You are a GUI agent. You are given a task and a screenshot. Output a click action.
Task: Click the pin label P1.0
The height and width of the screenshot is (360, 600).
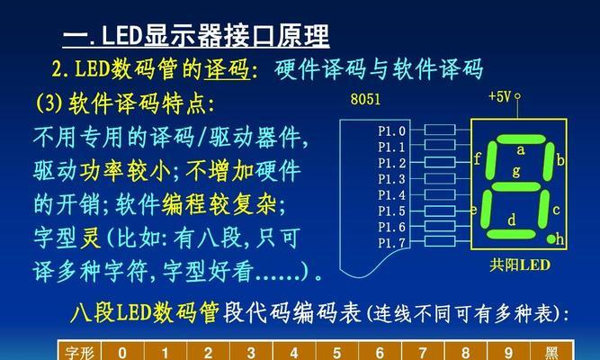[x=391, y=131]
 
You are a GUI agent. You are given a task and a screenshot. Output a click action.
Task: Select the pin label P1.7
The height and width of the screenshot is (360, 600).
[x=391, y=243]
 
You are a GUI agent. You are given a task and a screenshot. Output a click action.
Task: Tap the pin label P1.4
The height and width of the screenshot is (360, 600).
[x=391, y=195]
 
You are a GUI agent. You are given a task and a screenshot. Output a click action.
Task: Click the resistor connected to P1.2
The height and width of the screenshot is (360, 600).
[x=440, y=162]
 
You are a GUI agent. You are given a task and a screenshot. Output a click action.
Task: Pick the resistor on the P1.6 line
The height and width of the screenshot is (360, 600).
[x=440, y=226]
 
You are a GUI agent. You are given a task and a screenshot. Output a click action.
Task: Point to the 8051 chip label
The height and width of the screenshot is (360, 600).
[x=365, y=99]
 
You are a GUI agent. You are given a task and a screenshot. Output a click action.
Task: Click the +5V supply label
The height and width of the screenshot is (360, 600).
[x=499, y=96]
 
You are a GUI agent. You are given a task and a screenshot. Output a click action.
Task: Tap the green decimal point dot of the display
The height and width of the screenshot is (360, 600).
[x=551, y=239]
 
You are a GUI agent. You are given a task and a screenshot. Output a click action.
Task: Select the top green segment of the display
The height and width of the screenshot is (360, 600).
[x=521, y=139]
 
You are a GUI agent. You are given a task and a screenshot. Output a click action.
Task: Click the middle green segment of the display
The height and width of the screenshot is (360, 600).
[x=516, y=186]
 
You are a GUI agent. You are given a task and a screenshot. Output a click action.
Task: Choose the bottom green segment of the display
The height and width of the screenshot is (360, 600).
[x=511, y=234]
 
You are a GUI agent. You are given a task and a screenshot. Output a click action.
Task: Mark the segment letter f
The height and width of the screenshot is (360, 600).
[x=477, y=158]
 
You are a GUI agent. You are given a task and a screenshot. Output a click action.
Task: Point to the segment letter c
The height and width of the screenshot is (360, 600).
[x=557, y=210]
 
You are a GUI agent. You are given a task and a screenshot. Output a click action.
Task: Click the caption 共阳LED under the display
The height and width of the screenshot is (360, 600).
[x=520, y=265]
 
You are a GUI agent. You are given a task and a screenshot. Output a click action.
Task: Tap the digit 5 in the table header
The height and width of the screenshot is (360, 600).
[x=336, y=353]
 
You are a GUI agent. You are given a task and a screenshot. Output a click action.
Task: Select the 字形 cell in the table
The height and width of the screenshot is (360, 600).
[x=79, y=353]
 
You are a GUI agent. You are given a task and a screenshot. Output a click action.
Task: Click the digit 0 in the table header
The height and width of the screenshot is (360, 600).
[x=122, y=353]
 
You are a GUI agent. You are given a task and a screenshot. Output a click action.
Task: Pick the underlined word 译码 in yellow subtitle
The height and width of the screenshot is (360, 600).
[x=227, y=69]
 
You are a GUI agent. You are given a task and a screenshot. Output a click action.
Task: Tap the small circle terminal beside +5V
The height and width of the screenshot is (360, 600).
[x=517, y=95]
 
